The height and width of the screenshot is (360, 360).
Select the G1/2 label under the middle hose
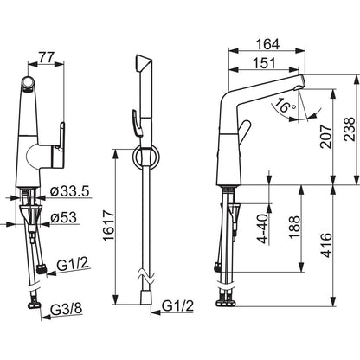[x=176, y=305]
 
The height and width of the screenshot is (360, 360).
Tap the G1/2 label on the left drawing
[x=73, y=263]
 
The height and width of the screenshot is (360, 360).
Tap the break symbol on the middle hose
[x=145, y=278]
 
